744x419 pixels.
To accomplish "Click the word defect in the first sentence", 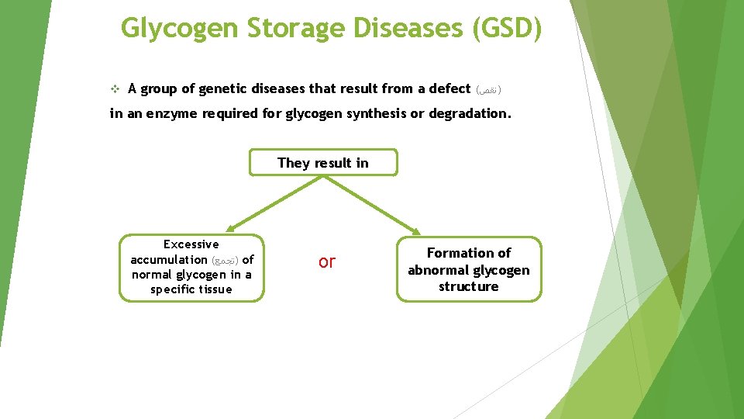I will point(447,88).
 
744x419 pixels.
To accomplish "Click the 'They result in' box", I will point(323,163).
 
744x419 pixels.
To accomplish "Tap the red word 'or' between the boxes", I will point(327,262).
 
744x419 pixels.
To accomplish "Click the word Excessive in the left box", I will point(191,244).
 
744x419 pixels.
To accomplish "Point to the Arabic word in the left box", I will point(225,260).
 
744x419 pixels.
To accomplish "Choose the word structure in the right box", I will point(469,286).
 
